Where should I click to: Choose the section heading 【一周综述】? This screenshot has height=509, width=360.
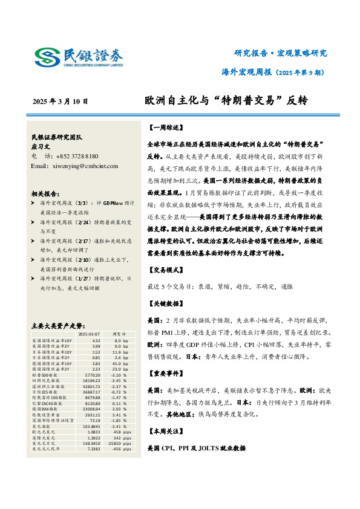tap(164, 128)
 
